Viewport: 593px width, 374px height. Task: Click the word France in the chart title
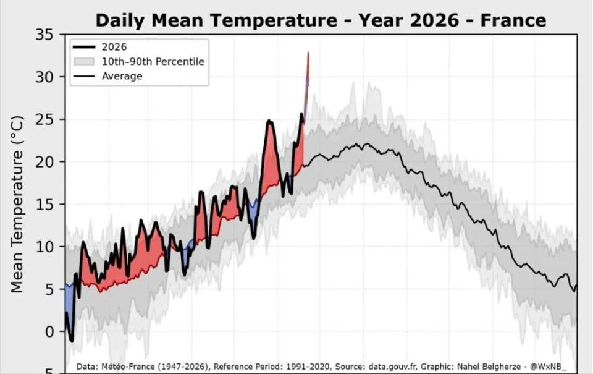[x=513, y=20]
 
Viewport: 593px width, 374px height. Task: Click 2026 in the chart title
[x=434, y=20]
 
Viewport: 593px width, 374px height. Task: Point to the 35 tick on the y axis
[x=44, y=35]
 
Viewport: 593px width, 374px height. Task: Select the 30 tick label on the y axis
[x=44, y=77]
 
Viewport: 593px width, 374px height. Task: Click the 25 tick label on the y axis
[x=44, y=120]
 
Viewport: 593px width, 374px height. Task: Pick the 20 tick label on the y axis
[x=44, y=162]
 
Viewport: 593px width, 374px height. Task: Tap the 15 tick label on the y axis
[x=44, y=205]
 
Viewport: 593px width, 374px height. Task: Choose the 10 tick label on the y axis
[x=44, y=247]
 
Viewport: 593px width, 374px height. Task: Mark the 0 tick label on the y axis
[x=49, y=331]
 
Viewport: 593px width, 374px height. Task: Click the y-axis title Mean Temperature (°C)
[x=17, y=205]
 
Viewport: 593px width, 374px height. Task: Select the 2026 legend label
[x=114, y=47]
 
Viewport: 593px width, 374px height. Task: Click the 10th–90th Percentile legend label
[x=153, y=61]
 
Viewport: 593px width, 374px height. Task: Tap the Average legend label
[x=122, y=76]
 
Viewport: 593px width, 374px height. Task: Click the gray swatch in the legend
[x=84, y=61]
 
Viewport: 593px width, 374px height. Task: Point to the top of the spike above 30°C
[x=309, y=53]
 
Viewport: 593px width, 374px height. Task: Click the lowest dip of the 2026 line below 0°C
[x=72, y=341]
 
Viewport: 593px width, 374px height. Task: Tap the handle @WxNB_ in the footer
[x=549, y=367]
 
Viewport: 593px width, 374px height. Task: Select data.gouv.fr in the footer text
[x=393, y=367]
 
